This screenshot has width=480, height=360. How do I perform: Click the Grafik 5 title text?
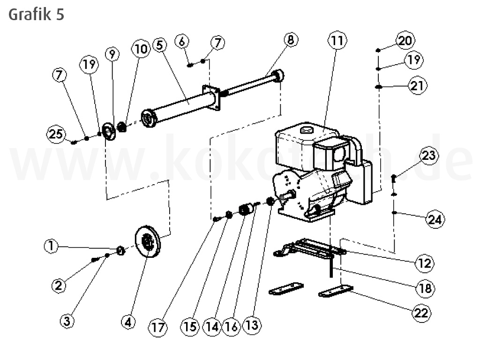click(36, 14)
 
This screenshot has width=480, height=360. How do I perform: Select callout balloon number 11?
click(337, 41)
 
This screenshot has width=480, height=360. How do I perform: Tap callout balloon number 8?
click(290, 40)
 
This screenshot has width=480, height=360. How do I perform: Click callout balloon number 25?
click(56, 135)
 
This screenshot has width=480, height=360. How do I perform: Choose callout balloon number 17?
click(158, 327)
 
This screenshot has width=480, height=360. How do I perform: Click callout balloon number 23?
click(429, 156)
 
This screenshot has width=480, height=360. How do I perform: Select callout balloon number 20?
click(405, 40)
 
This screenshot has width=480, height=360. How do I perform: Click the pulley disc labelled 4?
click(148, 241)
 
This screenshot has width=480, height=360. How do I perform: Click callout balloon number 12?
click(425, 263)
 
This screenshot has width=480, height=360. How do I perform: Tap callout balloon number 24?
click(435, 219)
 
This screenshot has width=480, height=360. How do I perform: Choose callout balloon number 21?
click(418, 86)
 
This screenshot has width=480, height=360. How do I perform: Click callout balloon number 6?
click(183, 41)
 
